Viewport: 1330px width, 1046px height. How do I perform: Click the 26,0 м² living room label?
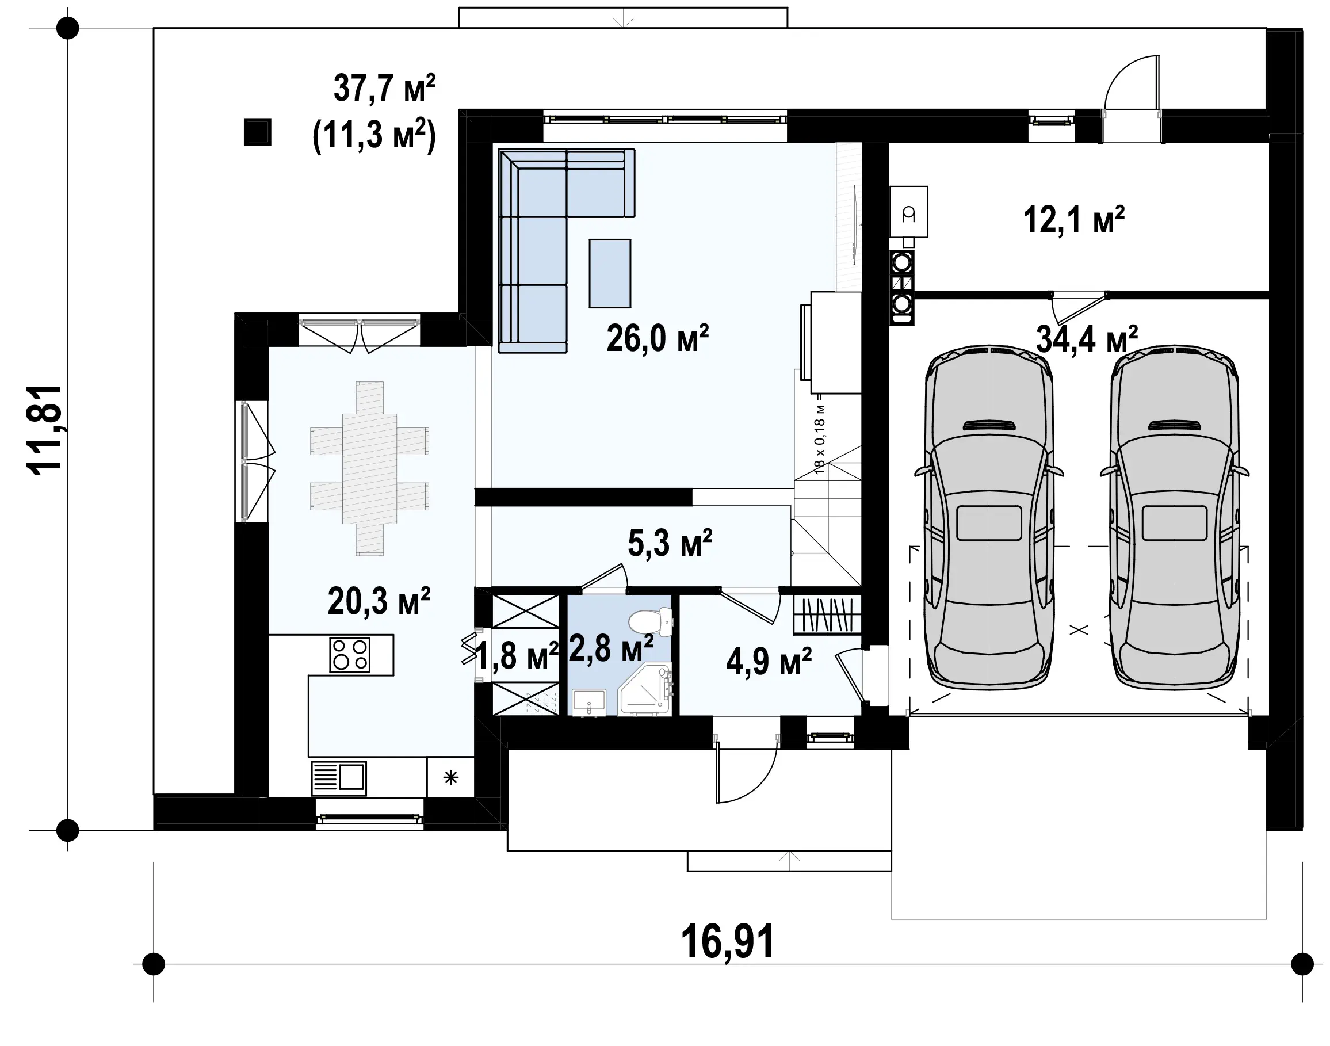coord(658,338)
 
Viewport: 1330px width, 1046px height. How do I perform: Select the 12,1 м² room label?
coord(1074,220)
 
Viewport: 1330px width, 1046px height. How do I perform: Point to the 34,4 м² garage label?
coord(1087,339)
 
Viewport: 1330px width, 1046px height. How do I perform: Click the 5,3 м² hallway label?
coord(671,543)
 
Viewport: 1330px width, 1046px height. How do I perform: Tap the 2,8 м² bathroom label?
coord(611,648)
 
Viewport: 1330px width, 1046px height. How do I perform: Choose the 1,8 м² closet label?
coord(517,656)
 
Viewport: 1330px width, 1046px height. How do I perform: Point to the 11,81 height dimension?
coord(44,429)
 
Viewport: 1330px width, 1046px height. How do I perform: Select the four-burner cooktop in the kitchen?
coord(350,655)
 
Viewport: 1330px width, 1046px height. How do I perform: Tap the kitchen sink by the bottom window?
coord(339,778)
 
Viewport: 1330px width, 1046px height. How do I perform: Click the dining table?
coord(369,468)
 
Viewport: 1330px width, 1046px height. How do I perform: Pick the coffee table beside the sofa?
coord(610,273)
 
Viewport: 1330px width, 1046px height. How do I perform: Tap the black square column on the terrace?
coord(257,132)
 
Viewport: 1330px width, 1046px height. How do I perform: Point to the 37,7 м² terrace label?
coord(384,88)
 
